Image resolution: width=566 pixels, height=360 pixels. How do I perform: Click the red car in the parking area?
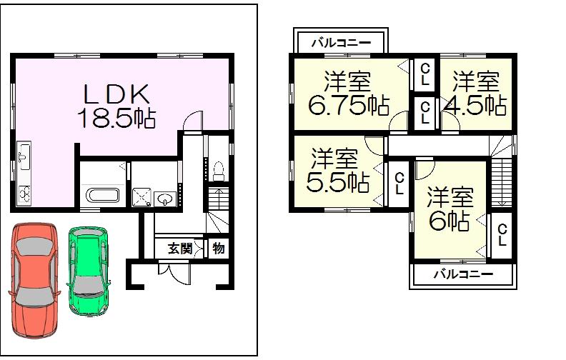click(x=34, y=282)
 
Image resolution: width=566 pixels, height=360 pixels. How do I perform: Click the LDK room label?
click(x=117, y=94)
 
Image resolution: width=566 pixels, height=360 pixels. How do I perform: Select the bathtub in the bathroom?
click(x=103, y=195)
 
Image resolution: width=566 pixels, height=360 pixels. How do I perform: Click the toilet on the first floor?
click(x=219, y=171)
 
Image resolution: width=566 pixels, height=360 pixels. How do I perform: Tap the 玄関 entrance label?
click(x=179, y=249)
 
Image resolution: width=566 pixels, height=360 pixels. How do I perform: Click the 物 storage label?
click(x=218, y=249)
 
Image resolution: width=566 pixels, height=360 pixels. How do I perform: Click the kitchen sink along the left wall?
click(x=23, y=154)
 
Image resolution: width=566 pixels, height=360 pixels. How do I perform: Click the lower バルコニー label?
click(x=462, y=274)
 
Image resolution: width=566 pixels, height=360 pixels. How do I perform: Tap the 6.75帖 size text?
click(x=349, y=106)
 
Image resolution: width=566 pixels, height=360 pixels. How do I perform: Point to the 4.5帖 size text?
click(x=475, y=106)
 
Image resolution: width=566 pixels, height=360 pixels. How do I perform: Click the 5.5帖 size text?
click(x=337, y=183)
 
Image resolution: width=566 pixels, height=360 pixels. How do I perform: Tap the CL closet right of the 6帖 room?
click(x=502, y=235)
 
